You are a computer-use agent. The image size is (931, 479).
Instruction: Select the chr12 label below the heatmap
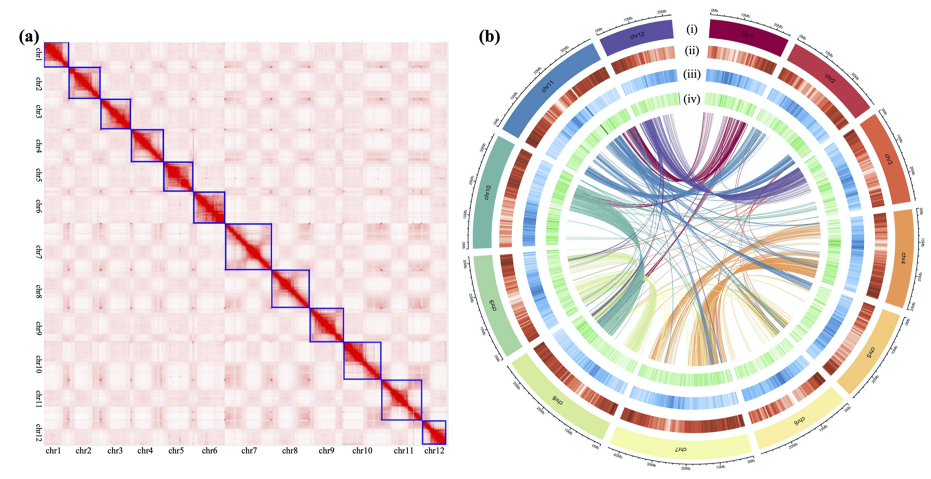434,450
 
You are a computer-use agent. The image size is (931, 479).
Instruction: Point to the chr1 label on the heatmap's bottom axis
53,450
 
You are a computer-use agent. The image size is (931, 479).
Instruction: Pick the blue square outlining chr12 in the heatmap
434,432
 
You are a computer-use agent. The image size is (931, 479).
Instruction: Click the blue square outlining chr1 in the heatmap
56,55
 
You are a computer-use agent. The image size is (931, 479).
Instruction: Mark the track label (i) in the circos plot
692,29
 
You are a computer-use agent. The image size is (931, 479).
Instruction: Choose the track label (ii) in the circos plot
692,51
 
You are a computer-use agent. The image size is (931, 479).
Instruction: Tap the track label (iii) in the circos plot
692,74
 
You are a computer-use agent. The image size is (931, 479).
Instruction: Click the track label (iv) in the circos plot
692,98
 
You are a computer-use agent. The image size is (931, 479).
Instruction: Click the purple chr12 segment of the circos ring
637,34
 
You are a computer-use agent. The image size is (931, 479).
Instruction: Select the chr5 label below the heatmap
176,450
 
